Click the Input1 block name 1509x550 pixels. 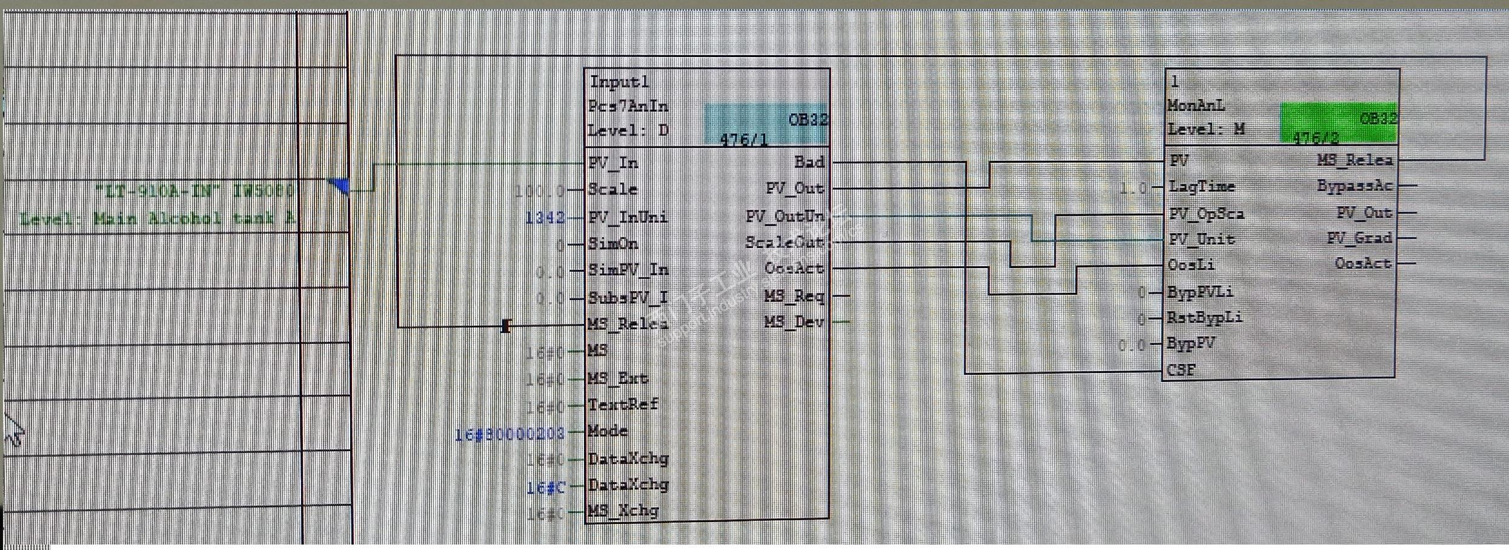[619, 82]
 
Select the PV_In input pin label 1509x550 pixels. [613, 163]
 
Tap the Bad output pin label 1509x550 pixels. [809, 162]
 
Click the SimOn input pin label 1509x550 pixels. [613, 244]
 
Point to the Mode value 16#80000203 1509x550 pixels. [509, 433]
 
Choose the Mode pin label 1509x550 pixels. [608, 431]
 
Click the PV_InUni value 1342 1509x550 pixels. [545, 217]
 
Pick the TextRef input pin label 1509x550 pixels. [623, 404]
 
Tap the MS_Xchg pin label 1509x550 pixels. [623, 511]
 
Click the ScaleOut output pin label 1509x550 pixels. [784, 243]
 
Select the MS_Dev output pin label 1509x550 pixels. [794, 321]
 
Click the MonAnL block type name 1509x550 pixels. [1196, 106]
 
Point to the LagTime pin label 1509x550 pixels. [1201, 187]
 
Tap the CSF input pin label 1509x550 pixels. [1181, 369]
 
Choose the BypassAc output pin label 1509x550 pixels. [1355, 186]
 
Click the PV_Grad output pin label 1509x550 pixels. [1359, 238]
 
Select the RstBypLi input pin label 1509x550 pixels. [1204, 317]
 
